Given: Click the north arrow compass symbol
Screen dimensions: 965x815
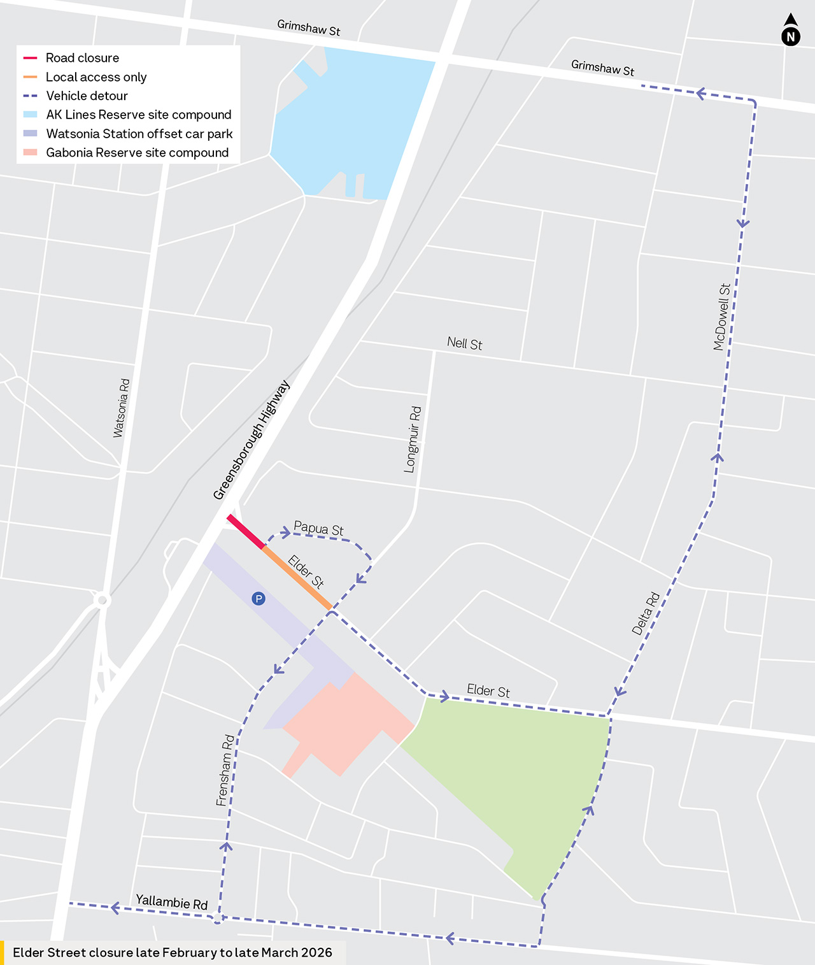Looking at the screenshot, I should tap(790, 31).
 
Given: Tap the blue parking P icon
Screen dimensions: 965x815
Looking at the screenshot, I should tap(259, 599).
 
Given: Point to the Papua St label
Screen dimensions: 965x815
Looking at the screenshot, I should tap(318, 529).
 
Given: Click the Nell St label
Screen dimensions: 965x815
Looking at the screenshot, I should tap(464, 343).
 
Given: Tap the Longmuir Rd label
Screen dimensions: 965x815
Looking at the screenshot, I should tap(413, 440).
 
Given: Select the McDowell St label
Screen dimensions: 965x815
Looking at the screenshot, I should tap(721, 317).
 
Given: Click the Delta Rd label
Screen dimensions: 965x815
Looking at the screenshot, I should tap(646, 613).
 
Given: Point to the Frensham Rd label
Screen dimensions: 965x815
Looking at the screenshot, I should tap(225, 771).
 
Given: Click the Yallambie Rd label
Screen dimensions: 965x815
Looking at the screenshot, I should tap(171, 902).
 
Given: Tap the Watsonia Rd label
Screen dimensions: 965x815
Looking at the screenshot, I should tap(121, 408).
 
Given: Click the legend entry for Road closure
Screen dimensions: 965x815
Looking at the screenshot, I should tap(82, 58).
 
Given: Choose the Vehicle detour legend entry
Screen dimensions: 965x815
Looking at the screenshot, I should tap(87, 96).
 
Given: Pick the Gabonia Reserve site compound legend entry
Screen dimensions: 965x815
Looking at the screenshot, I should tap(137, 153).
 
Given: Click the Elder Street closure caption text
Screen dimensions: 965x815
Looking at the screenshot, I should tap(173, 952).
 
